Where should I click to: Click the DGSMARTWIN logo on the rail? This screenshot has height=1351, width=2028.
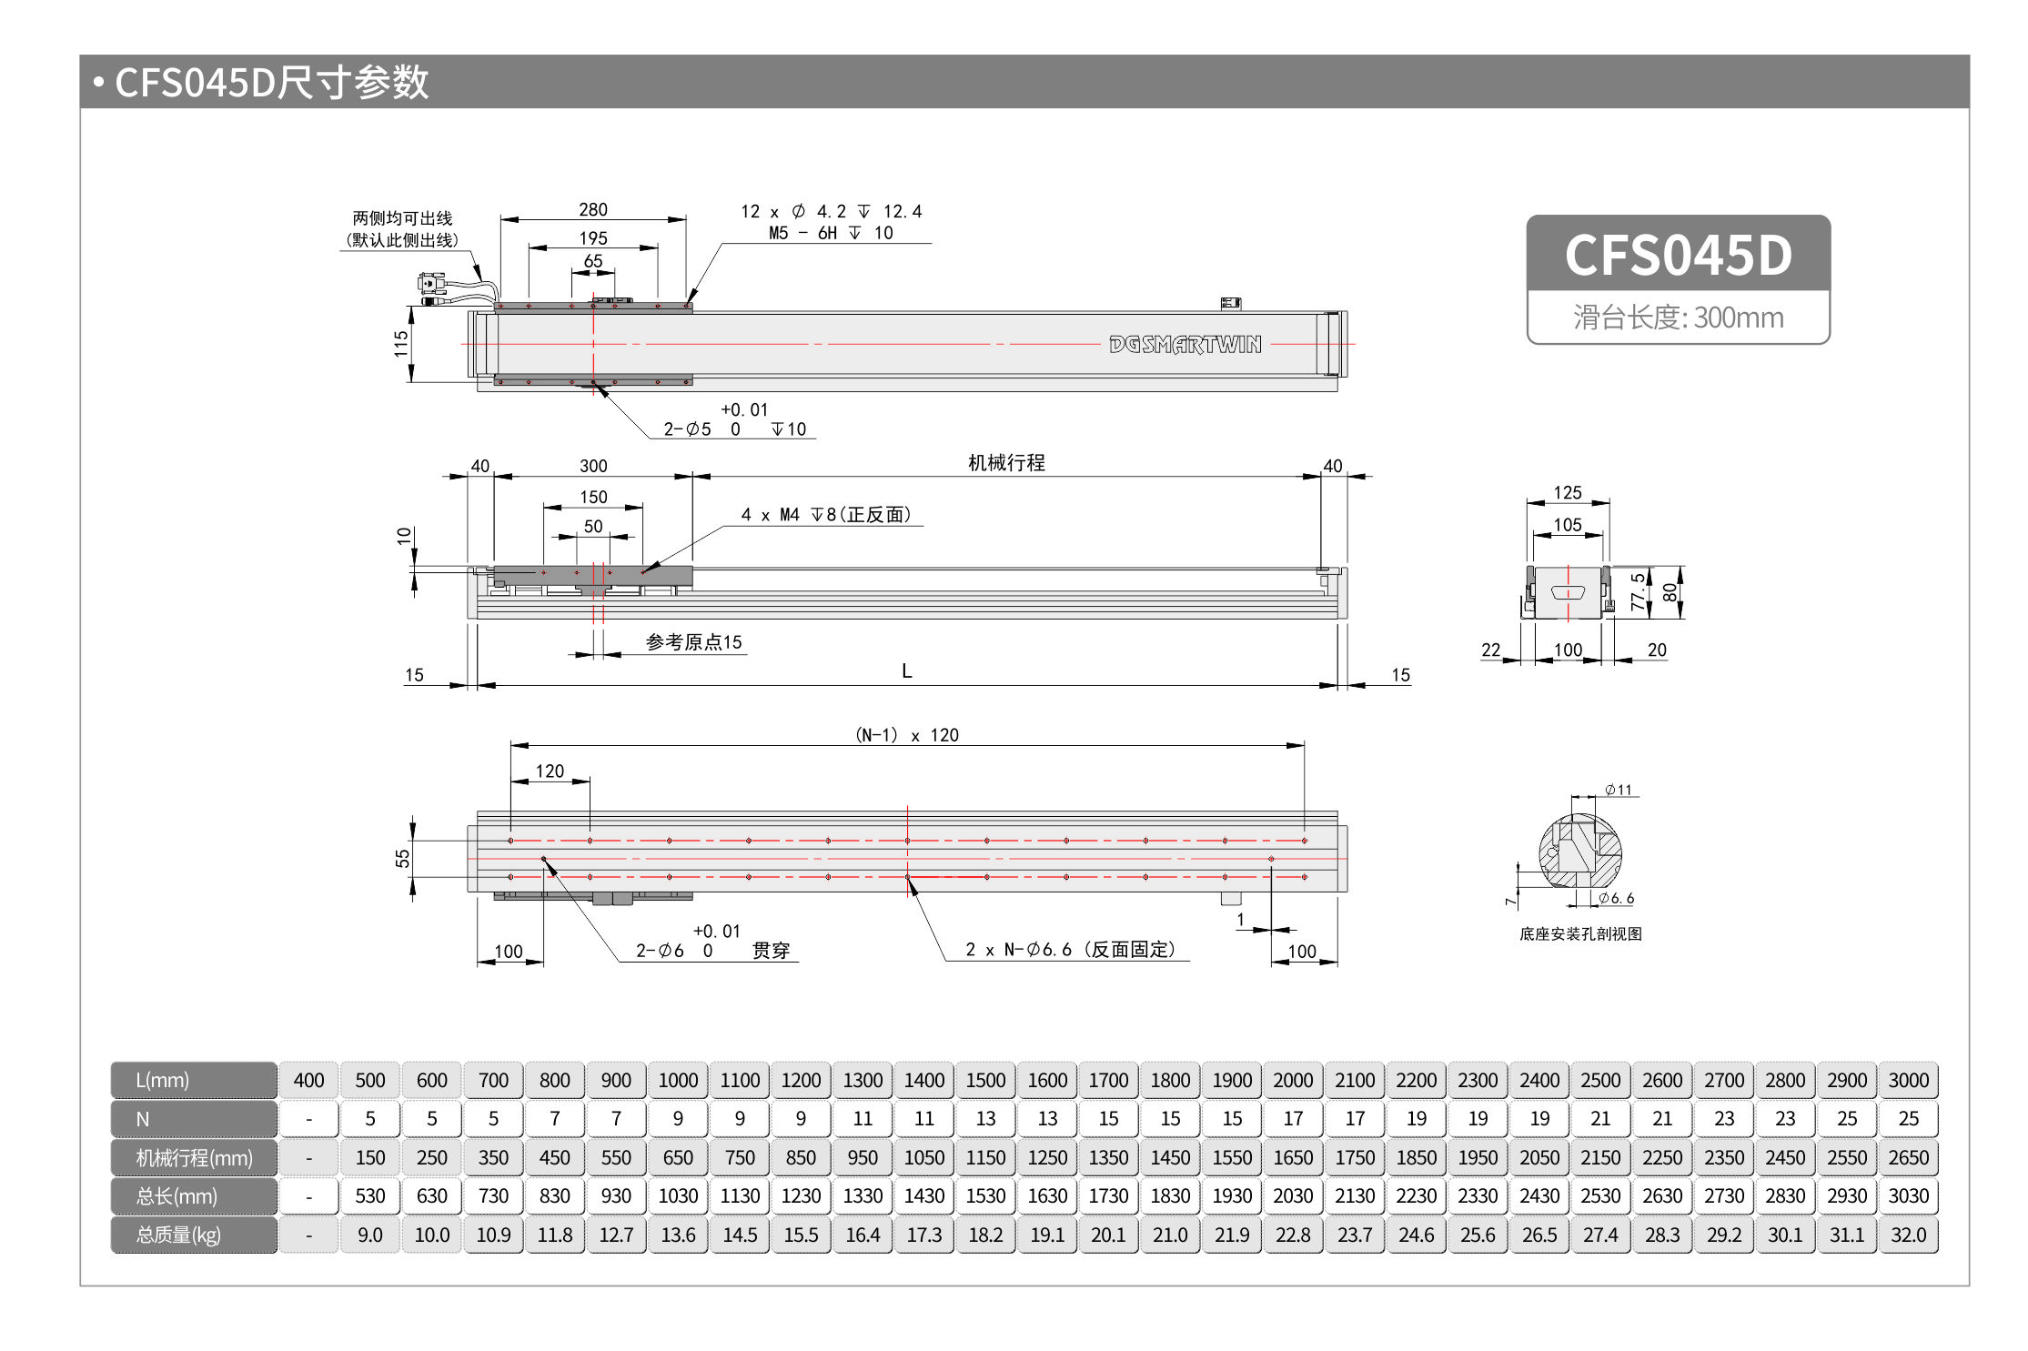click(1185, 344)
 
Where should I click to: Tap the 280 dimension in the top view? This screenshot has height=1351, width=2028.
click(593, 209)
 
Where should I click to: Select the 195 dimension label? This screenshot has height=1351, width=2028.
click(593, 237)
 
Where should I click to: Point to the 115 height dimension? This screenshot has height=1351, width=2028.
click(401, 343)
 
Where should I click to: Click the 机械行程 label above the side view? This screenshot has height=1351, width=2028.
click(1006, 462)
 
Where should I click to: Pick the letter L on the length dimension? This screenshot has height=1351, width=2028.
click(906, 670)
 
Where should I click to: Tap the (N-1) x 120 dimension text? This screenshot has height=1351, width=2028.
click(906, 734)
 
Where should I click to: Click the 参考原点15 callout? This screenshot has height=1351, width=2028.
click(693, 641)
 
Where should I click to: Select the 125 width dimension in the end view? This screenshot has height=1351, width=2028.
click(1567, 492)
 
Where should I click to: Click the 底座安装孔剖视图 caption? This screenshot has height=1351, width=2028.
click(1580, 933)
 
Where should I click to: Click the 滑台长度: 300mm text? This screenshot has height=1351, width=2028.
click(1678, 317)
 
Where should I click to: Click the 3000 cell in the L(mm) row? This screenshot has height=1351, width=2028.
click(1908, 1080)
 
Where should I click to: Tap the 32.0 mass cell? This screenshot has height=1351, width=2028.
click(1908, 1235)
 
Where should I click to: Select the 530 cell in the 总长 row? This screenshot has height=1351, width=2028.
click(370, 1195)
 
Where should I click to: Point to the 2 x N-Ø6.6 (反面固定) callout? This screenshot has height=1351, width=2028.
click(1070, 949)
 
